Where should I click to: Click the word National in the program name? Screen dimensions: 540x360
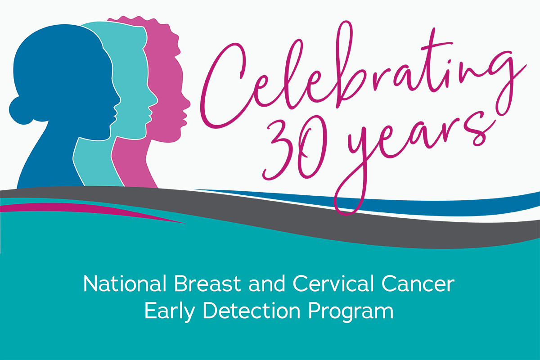tap(125, 283)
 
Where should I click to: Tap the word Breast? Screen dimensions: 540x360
tap(207, 283)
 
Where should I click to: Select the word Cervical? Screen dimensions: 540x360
tap(332, 283)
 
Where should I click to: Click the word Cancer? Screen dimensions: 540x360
tap(418, 284)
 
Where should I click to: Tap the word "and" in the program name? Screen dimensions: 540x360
tap(267, 283)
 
